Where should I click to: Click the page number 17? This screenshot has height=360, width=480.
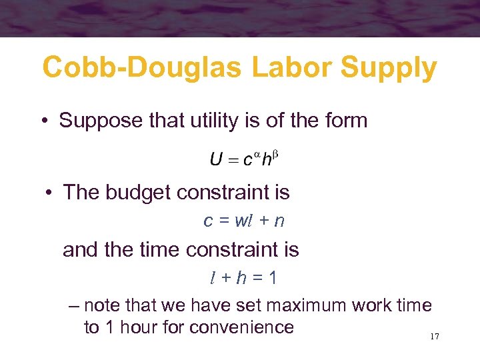tap(435, 337)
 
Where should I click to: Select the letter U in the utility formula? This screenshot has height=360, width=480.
tap(216, 160)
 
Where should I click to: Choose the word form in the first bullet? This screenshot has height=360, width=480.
tap(347, 121)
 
